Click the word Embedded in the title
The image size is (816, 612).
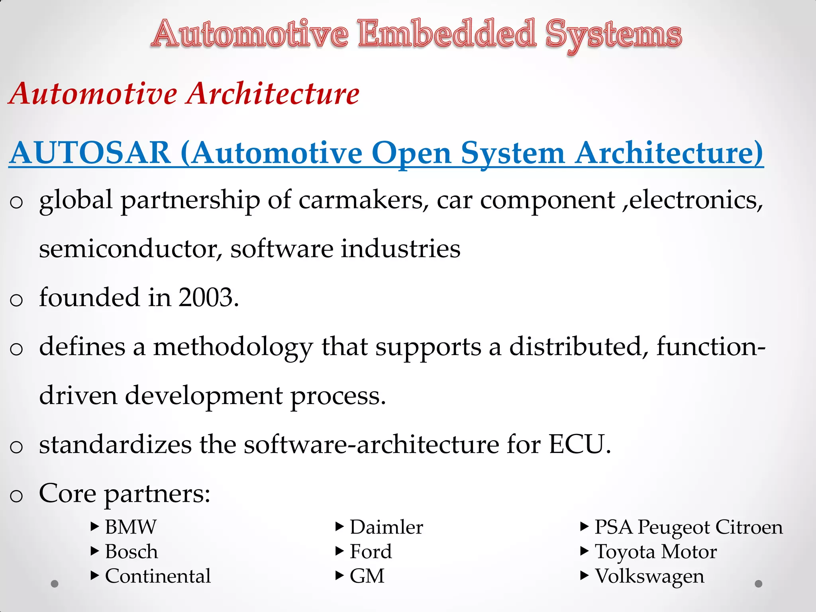pos(447,34)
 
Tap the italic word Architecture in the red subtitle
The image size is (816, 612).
pos(274,94)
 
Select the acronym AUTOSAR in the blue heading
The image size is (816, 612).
pos(90,153)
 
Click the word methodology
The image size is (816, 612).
pos(233,347)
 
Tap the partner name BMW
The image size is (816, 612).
pos(131,527)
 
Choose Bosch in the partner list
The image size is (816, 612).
pos(131,552)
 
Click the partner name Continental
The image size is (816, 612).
pos(158,576)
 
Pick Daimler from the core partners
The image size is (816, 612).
pos(386,527)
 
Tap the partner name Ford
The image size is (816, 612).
pos(371,552)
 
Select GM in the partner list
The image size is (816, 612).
pos(367,576)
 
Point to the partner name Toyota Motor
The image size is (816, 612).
pos(655,552)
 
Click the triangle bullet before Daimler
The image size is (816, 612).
pos(339,527)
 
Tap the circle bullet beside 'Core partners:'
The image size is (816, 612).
pos(16,496)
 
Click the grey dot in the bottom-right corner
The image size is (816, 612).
pos(759,584)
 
